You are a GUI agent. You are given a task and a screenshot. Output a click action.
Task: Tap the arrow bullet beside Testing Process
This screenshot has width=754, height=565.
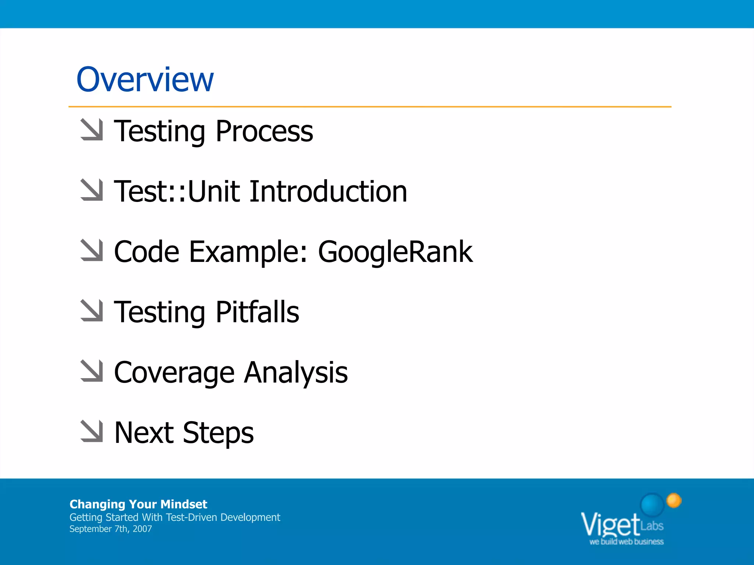pyautogui.click(x=92, y=129)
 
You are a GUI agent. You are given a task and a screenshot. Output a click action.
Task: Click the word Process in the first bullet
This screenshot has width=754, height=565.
pyautogui.click(x=264, y=131)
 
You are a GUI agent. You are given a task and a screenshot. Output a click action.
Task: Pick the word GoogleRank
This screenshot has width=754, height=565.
pyautogui.click(x=395, y=252)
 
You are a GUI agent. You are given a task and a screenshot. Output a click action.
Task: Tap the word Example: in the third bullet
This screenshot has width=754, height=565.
pyautogui.click(x=248, y=252)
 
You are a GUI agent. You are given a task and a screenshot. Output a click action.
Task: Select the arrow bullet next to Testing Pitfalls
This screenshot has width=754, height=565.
pyautogui.click(x=92, y=310)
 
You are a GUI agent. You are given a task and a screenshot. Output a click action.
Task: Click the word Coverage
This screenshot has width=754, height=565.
pyautogui.click(x=174, y=373)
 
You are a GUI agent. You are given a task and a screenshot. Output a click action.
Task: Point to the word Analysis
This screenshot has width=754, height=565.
pyautogui.click(x=296, y=373)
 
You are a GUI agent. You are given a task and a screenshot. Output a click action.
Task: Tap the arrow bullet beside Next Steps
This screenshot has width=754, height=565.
pyautogui.click(x=92, y=431)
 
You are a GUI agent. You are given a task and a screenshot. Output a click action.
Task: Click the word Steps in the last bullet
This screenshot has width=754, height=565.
pyautogui.click(x=218, y=433)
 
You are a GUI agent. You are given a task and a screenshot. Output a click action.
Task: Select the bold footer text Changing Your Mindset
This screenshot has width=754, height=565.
pyautogui.click(x=138, y=504)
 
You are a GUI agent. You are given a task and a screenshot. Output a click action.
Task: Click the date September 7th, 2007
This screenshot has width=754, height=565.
pyautogui.click(x=110, y=529)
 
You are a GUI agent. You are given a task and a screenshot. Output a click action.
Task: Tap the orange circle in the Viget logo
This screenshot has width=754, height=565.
pyautogui.click(x=674, y=500)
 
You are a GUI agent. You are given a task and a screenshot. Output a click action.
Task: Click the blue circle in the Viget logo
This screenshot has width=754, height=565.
pyautogui.click(x=652, y=505)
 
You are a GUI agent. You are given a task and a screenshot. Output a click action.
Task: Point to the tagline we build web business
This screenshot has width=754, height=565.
pyautogui.click(x=626, y=542)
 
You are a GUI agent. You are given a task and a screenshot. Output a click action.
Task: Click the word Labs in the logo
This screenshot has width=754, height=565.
pyautogui.click(x=652, y=526)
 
